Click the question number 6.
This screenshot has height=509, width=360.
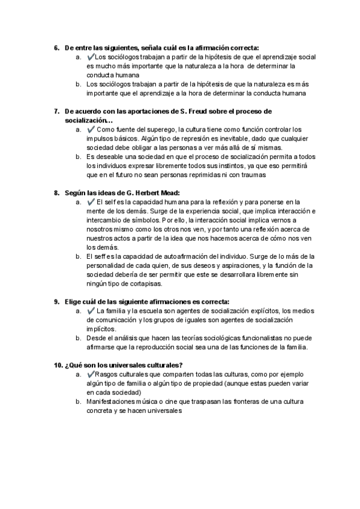[56, 47]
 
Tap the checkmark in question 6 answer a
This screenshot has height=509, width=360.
[91, 56]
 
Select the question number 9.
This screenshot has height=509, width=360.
[56, 301]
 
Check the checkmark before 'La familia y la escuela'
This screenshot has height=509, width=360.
[91, 311]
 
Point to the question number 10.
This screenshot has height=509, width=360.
[58, 365]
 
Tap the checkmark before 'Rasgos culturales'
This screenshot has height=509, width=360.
[91, 375]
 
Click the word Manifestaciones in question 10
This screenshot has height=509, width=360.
[112, 402]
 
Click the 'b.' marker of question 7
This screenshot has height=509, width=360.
[79, 156]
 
